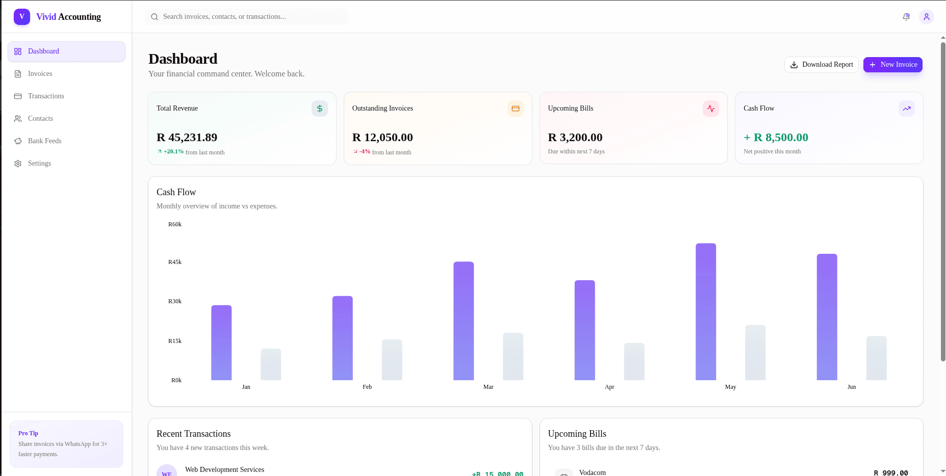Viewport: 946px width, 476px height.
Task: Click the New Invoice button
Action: tap(892, 65)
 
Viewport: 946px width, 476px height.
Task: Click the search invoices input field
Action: tap(247, 17)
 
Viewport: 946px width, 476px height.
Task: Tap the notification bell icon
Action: tap(906, 17)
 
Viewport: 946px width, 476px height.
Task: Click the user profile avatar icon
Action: tap(927, 17)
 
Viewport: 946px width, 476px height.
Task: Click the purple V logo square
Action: tap(22, 17)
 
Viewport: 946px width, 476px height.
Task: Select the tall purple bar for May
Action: tap(706, 312)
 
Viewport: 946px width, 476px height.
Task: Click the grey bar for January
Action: tap(271, 364)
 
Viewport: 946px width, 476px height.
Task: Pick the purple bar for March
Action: tap(464, 321)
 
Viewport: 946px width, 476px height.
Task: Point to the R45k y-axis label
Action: tap(175, 262)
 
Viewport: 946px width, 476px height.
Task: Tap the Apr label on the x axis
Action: tap(609, 387)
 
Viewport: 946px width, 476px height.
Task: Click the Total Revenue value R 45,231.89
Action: tap(187, 138)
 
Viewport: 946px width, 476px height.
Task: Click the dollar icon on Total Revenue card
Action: tap(320, 109)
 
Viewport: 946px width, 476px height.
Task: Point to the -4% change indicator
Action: tap(365, 152)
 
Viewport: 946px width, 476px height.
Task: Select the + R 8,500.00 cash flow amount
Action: tap(776, 138)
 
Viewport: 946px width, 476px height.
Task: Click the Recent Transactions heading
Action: tap(194, 434)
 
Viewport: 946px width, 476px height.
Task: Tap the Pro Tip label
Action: tap(28, 433)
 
